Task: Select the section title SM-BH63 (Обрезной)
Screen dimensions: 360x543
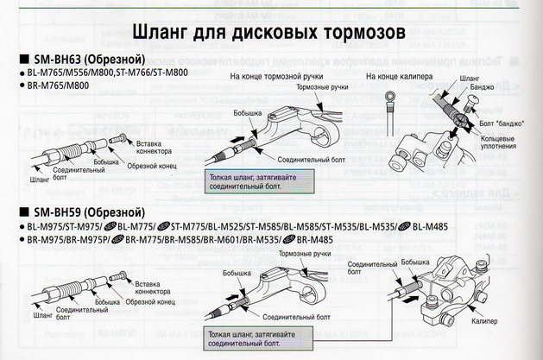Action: coord(82,60)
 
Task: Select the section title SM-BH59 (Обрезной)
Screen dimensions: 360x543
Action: coord(82,212)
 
